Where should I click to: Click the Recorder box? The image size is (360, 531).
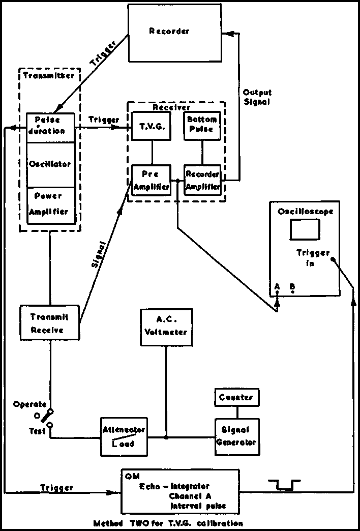[170, 32]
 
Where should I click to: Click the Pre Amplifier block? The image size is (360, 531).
[151, 180]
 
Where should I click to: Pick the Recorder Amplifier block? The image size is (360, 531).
[202, 180]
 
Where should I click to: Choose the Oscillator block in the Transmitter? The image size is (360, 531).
[50, 165]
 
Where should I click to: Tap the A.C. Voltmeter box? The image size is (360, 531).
[166, 327]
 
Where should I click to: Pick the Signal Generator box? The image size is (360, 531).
[236, 436]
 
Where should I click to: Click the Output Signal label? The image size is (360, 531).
[257, 97]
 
